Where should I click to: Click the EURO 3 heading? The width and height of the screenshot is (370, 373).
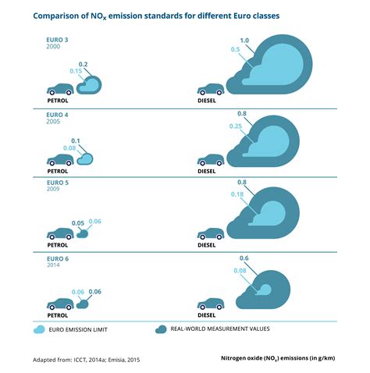58,39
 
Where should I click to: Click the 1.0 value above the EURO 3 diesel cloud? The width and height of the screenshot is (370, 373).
244,40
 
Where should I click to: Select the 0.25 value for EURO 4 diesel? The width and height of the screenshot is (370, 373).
234,126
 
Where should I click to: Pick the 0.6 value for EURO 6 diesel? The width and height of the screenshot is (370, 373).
244,258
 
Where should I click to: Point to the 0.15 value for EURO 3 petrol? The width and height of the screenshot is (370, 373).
75,71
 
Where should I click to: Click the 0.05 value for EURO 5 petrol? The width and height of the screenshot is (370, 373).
78,223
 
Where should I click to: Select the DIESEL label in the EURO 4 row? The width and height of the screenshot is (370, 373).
207,170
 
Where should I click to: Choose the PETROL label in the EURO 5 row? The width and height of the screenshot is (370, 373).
57,244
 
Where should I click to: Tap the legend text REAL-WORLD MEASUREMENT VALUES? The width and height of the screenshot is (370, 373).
220,329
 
